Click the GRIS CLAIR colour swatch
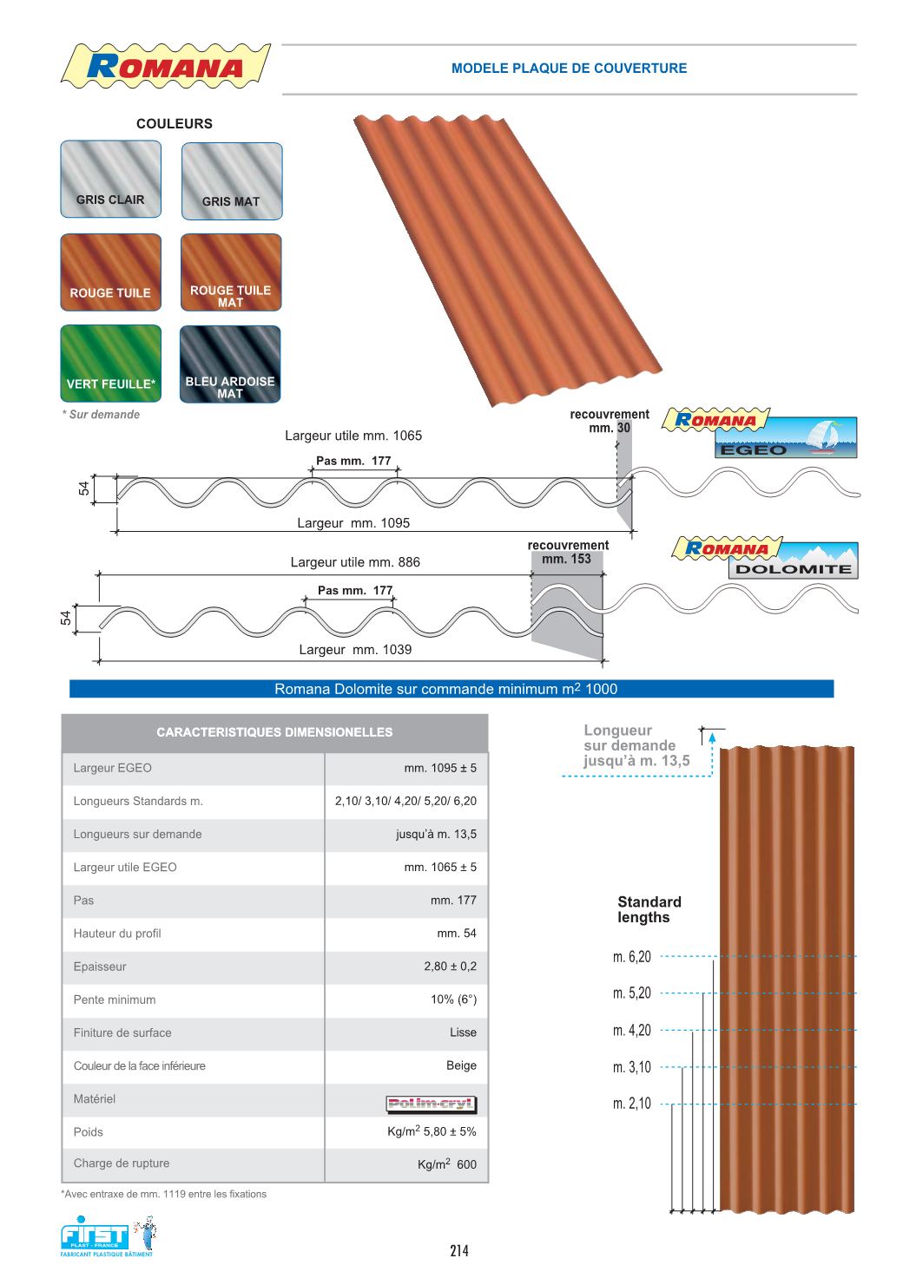110,179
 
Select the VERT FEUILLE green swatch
110,364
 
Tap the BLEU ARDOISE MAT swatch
230,364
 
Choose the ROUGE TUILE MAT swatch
231,272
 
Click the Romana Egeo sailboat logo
760,434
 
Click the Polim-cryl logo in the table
431,1104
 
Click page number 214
459,1250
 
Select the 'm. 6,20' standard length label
631,957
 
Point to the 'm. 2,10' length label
631,1104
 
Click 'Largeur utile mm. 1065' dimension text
353,436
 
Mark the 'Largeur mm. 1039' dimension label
355,650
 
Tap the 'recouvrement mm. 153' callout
568,552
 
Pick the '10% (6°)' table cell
453,999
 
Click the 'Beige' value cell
461,1065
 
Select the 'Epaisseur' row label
100,967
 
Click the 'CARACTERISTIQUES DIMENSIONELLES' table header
274,732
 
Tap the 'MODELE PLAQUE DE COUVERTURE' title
569,69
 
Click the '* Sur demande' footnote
101,415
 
